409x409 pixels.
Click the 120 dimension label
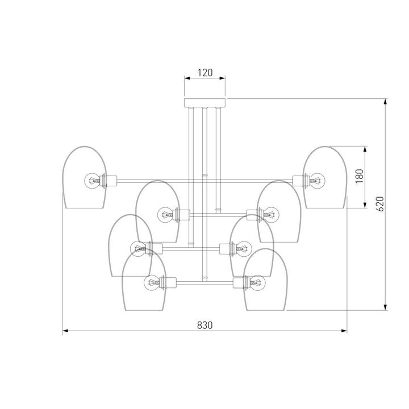(205, 73)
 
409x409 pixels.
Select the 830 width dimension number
(204, 325)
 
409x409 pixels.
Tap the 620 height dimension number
(381, 204)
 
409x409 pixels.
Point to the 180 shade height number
(360, 176)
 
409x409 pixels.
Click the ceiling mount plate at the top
(204, 103)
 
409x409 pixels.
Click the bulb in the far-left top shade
(92, 180)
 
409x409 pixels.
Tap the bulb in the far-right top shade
(317, 180)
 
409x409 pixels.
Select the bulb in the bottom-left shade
(152, 282)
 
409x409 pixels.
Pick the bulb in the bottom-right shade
(257, 282)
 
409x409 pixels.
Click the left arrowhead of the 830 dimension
(65, 331)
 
